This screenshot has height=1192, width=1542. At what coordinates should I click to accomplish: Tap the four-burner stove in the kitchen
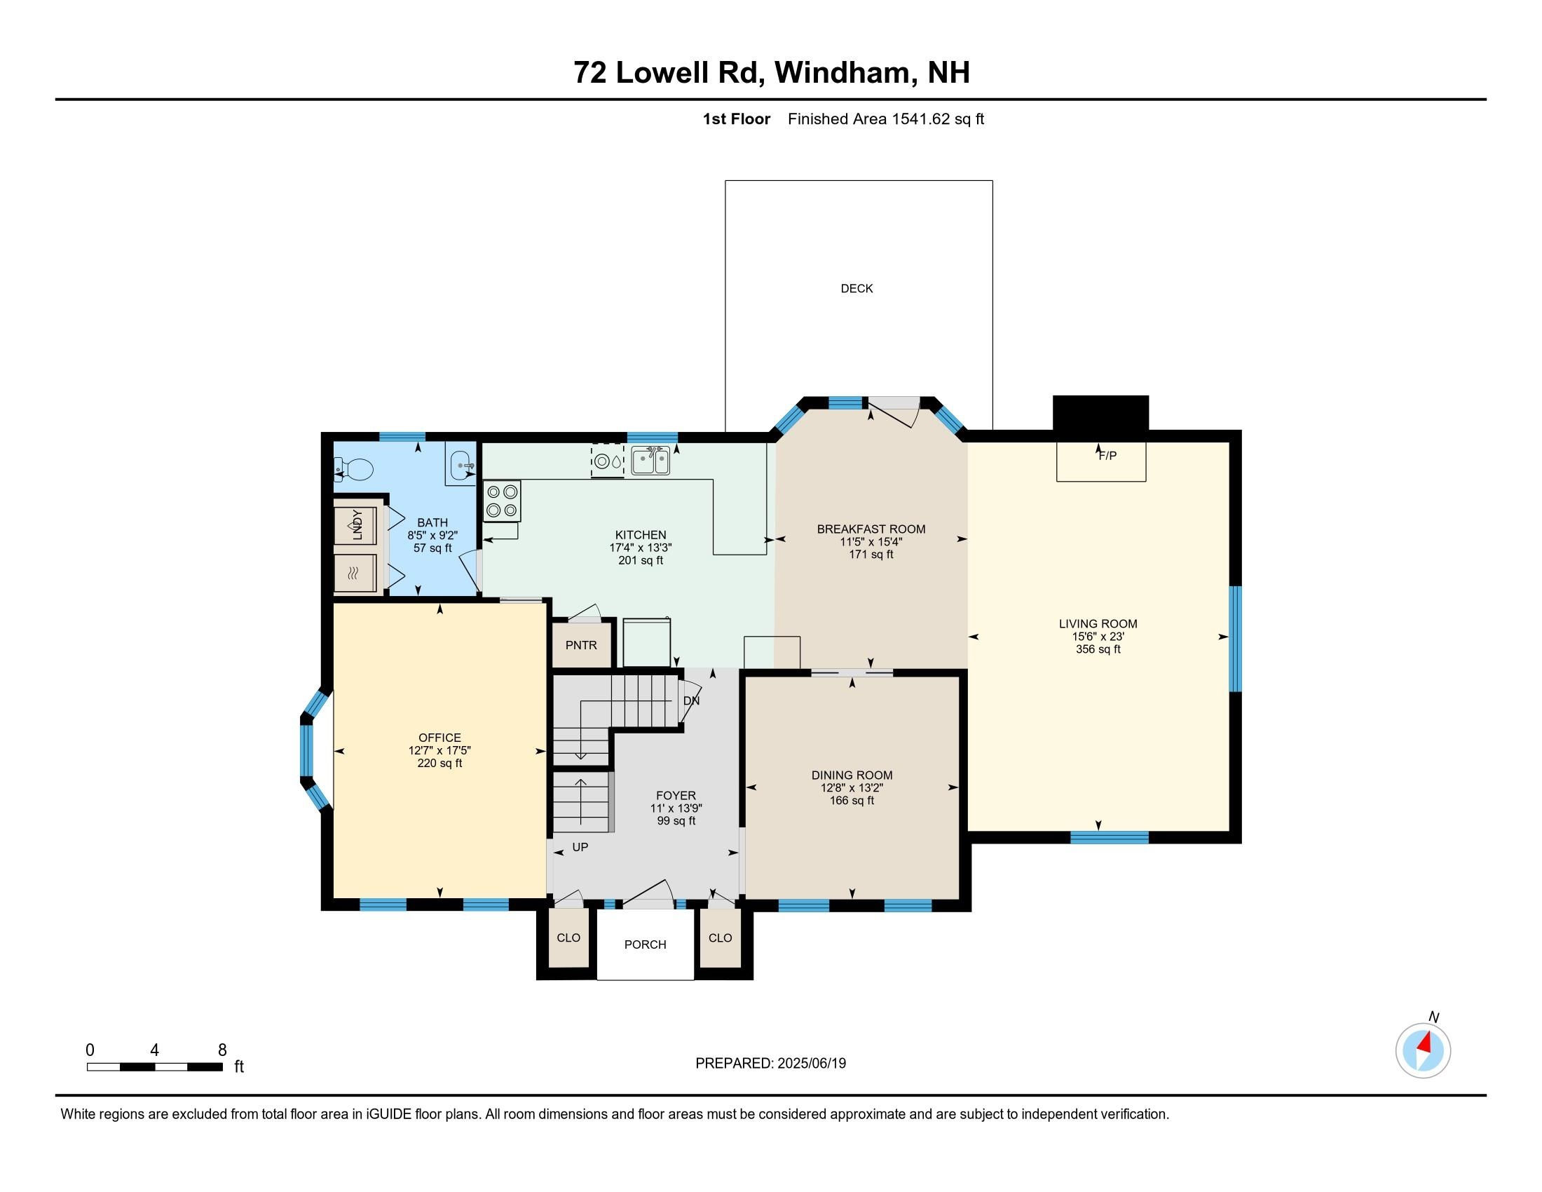click(502, 501)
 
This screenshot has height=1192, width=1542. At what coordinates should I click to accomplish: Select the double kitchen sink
click(650, 461)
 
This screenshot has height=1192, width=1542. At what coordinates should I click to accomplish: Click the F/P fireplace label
click(1107, 456)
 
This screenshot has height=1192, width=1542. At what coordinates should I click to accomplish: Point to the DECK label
click(857, 288)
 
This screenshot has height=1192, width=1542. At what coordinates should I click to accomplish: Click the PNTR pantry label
click(581, 644)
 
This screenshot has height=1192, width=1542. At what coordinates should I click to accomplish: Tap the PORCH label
click(646, 944)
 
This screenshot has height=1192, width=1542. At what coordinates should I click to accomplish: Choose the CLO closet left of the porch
click(568, 937)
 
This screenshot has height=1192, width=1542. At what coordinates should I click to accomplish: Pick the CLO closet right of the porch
click(720, 937)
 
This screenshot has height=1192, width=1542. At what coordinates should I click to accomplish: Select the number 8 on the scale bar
click(221, 1050)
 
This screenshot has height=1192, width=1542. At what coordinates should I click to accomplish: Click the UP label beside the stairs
click(580, 847)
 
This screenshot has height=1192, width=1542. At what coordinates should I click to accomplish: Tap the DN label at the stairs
click(691, 701)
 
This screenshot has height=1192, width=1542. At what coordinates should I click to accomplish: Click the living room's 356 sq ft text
click(1098, 650)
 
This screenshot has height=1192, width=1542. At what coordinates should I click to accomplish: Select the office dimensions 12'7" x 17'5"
click(439, 751)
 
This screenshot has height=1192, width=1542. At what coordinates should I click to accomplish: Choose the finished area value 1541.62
click(921, 118)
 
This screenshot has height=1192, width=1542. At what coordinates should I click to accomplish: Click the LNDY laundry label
click(357, 524)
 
